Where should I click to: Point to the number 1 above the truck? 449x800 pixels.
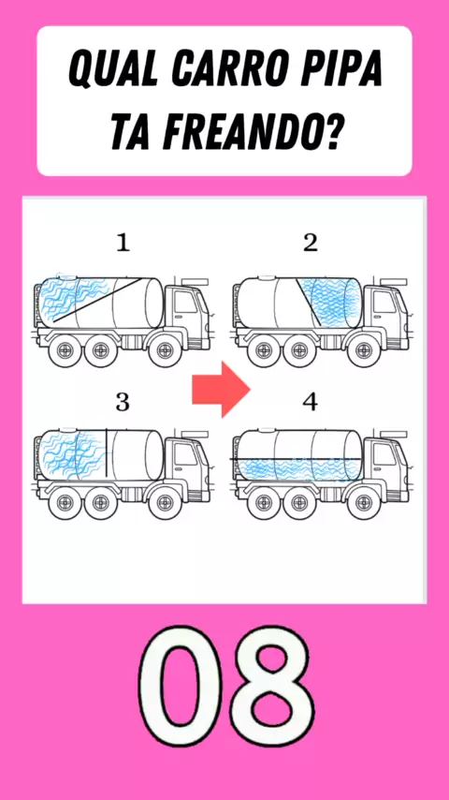pos(123,244)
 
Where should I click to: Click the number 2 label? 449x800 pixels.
pos(311,243)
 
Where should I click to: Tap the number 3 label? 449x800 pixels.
pos(123,403)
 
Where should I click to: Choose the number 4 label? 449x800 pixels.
pos(310,402)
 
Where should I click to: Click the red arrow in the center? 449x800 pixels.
pos(221,389)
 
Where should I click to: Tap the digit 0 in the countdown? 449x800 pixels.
pos(181,688)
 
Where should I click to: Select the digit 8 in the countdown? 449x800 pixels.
pos(269,688)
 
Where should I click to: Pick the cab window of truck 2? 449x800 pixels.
pos(382,304)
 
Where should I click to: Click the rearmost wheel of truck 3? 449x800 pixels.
pos(65,502)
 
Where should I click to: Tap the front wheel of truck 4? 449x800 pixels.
pos(363,502)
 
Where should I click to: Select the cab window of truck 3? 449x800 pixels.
pos(183,454)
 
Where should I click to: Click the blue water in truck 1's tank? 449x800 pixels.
pos(71,300)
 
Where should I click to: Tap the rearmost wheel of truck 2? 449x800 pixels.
pos(264,350)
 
